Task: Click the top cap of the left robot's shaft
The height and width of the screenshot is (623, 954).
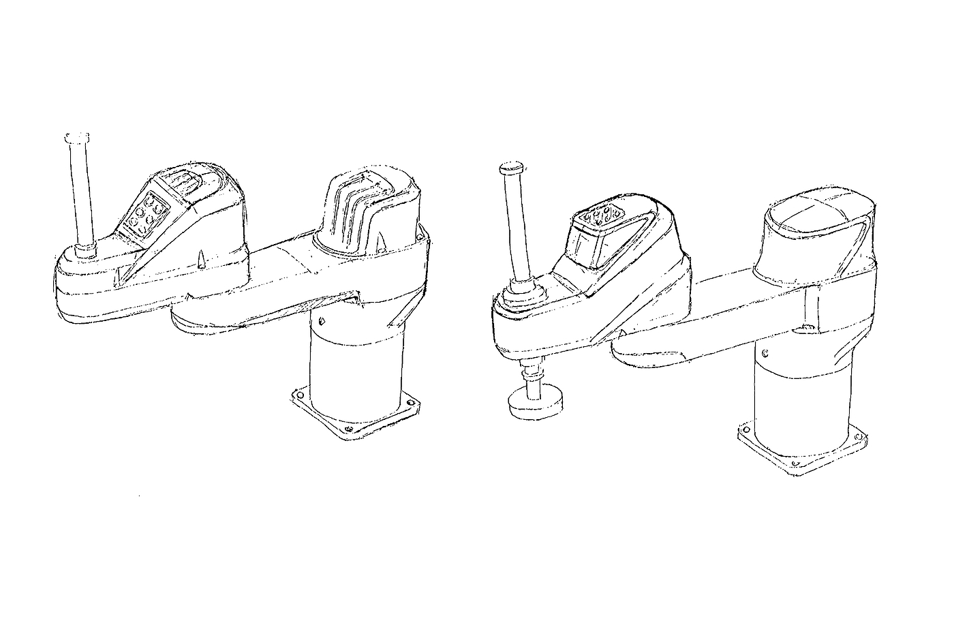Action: click(x=76, y=137)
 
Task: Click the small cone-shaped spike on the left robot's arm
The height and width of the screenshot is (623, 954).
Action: click(x=201, y=260)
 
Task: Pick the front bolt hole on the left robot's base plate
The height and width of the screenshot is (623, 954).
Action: click(x=348, y=430)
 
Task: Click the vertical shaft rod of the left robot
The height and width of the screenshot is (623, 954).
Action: click(x=81, y=191)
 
